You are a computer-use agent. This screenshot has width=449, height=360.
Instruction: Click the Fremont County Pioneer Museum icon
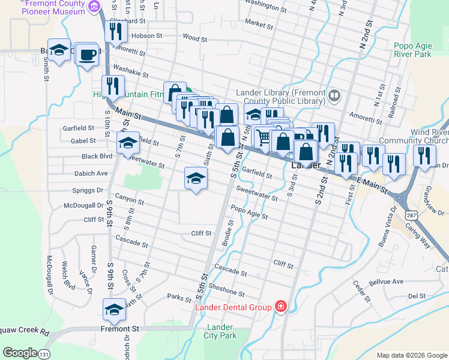tap(94, 7)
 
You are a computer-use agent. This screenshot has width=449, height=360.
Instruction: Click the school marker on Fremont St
tap(115, 310)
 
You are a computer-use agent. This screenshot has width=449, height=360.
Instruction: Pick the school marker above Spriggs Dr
tap(195, 179)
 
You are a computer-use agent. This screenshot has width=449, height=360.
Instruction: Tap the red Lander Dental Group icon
tap(280, 307)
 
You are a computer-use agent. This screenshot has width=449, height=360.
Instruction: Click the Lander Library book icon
tap(334, 94)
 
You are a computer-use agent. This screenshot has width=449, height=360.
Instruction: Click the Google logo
tap(20, 353)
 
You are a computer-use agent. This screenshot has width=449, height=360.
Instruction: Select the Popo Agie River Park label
tap(412, 50)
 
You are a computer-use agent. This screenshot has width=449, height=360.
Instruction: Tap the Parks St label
tap(179, 296)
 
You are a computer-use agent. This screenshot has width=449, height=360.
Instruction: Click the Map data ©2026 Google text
tap(411, 355)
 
